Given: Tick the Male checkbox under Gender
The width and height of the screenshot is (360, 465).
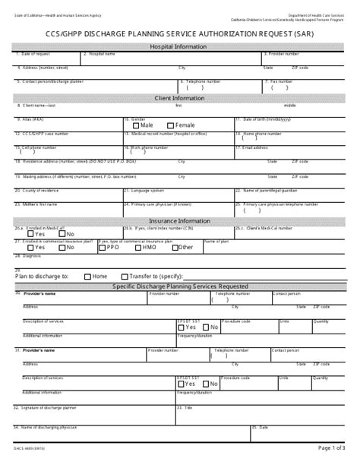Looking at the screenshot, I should coord(136,125).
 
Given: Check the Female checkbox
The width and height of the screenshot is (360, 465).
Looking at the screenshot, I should coord(171,125).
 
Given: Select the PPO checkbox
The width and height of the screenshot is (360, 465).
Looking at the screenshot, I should coord(103,248).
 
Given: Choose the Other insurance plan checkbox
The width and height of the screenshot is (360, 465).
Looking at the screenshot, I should coord(176,248).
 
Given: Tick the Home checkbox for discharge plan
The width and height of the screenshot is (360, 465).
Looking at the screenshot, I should coord(87,277).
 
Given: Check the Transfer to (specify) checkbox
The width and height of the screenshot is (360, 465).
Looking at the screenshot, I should coord(123,277).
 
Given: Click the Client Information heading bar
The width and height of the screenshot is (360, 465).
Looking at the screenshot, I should coord(179,98).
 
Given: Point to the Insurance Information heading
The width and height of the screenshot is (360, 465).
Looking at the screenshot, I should coord(179,221).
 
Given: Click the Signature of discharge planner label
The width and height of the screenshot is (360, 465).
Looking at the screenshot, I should coord(49,407).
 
